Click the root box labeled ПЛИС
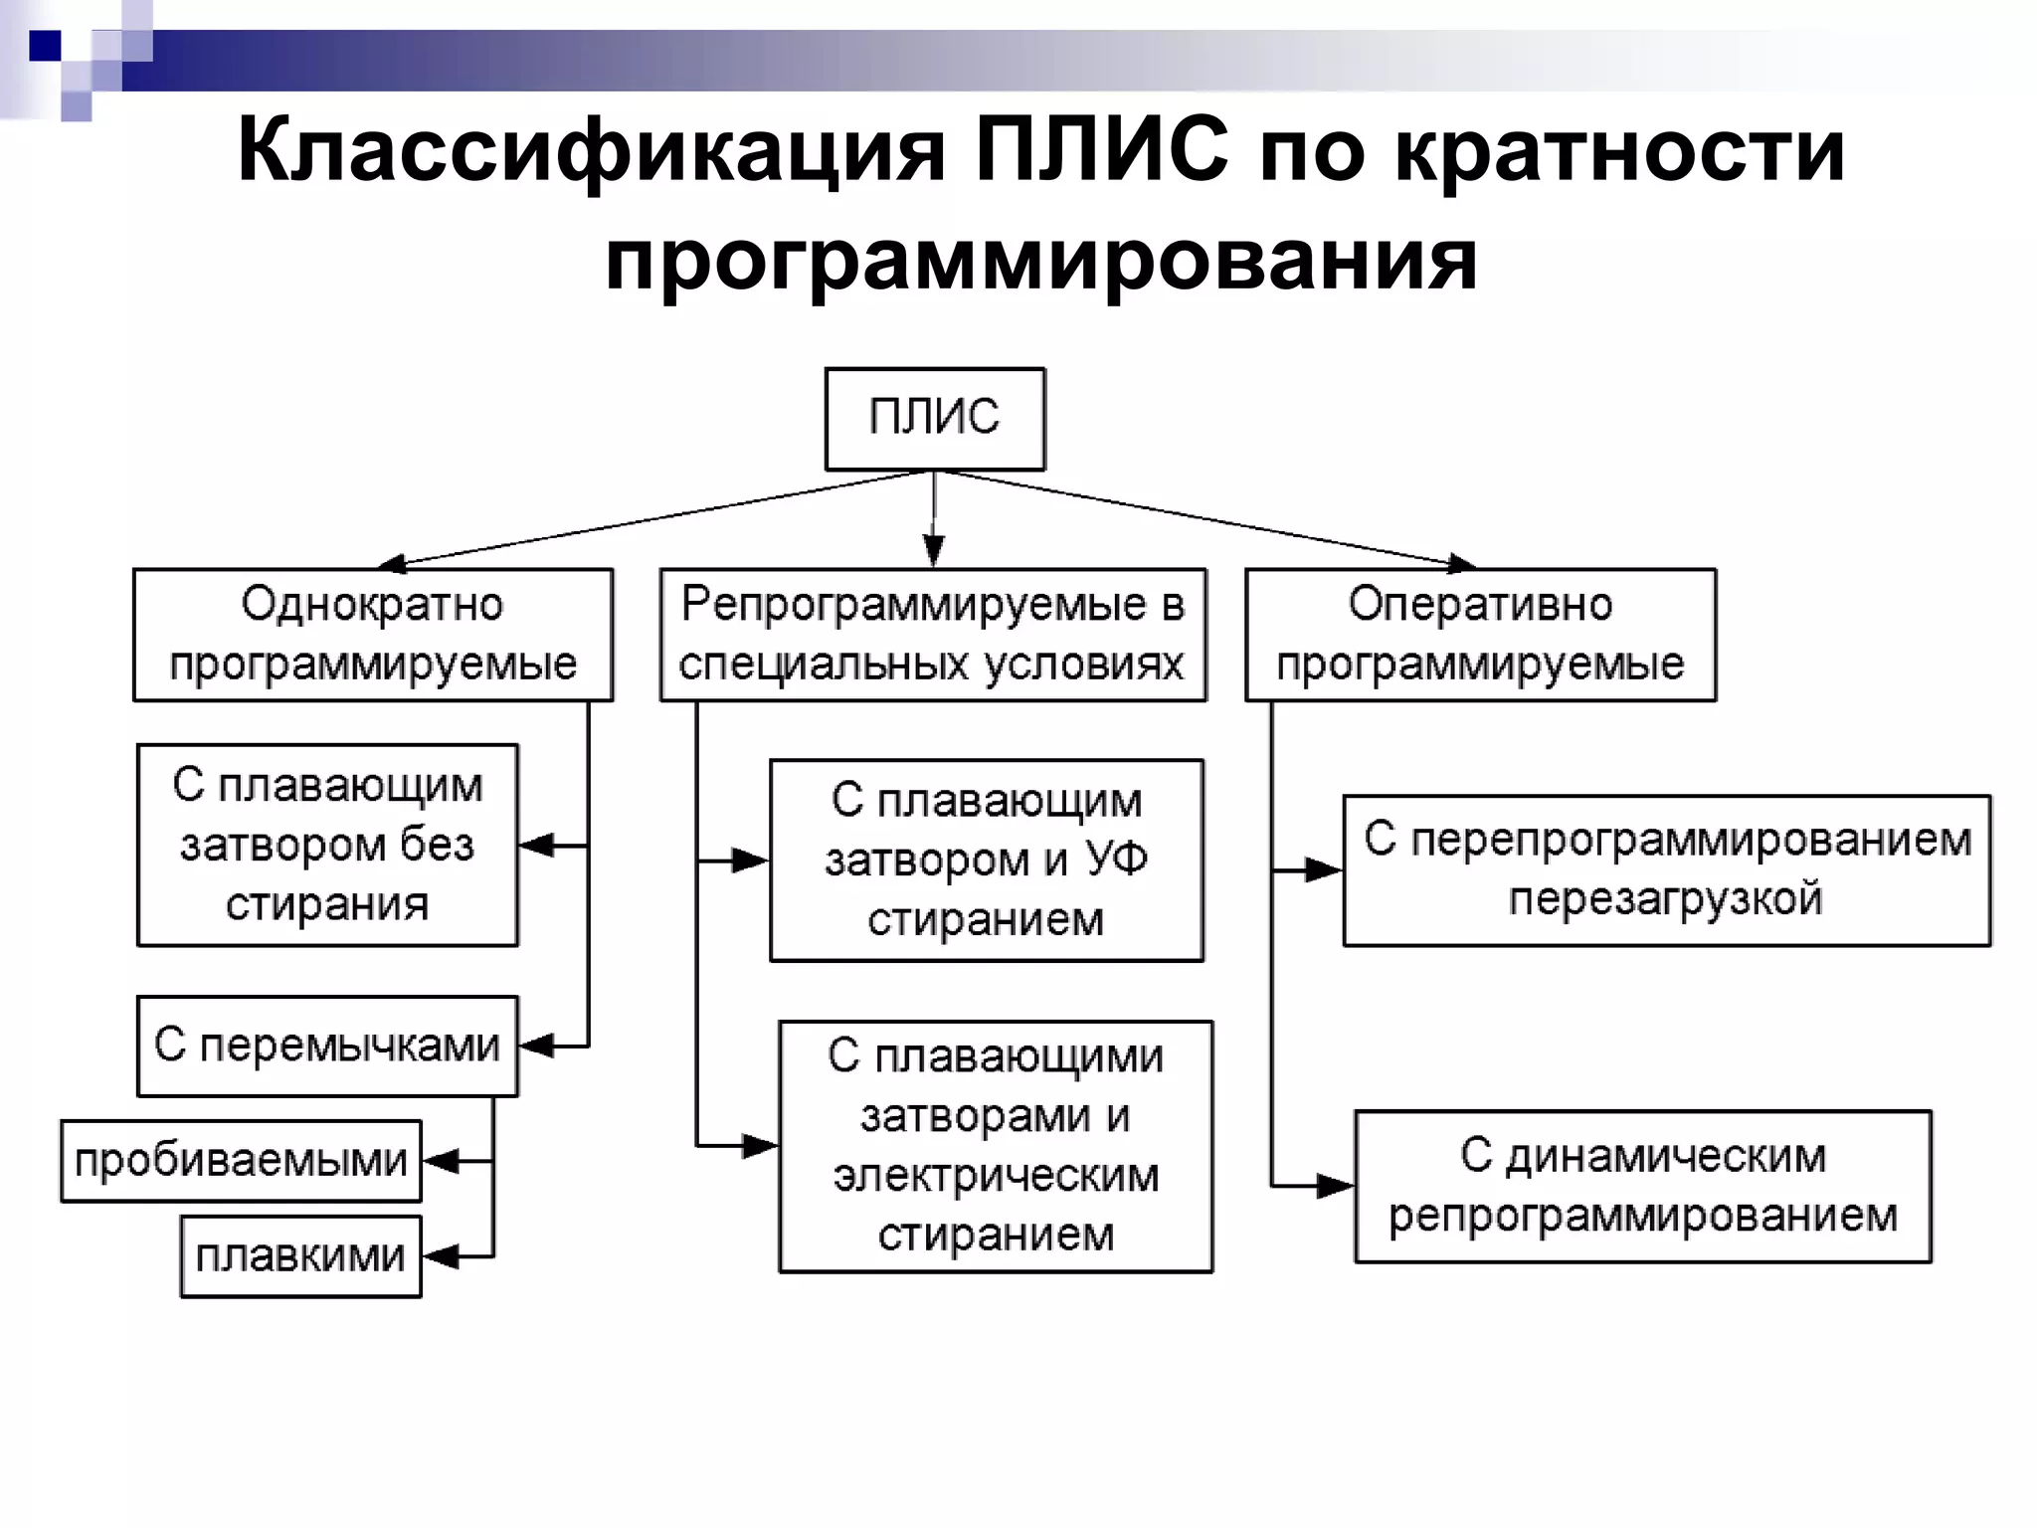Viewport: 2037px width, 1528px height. pyautogui.click(x=934, y=419)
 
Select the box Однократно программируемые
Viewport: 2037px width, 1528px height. pyautogui.click(x=373, y=635)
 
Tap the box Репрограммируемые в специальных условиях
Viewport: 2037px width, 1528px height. pyautogui.click(x=933, y=635)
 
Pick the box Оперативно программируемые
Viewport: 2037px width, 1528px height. pyautogui.click(x=1480, y=635)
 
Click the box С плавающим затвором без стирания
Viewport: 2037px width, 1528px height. pyautogui.click(x=327, y=845)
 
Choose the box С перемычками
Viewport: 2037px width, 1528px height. pyautogui.click(x=327, y=1046)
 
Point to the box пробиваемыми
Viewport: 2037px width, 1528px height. pyautogui.click(x=241, y=1161)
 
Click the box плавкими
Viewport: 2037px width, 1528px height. pyautogui.click(x=300, y=1256)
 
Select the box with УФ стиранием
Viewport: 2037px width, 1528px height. pyautogui.click(x=987, y=860)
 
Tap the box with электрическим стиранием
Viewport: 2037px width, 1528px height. pyautogui.click(x=996, y=1146)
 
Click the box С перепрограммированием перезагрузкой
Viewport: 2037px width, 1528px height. pyautogui.click(x=1666, y=870)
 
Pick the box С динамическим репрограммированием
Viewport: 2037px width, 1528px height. pyautogui.click(x=1642, y=1186)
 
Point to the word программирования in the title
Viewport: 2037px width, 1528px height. pyautogui.click(x=1040, y=261)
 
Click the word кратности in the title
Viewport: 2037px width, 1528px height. pyautogui.click(x=1619, y=152)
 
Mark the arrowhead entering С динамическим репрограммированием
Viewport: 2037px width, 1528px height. pyautogui.click(x=1335, y=1186)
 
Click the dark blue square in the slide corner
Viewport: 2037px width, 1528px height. pyautogui.click(x=45, y=45)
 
